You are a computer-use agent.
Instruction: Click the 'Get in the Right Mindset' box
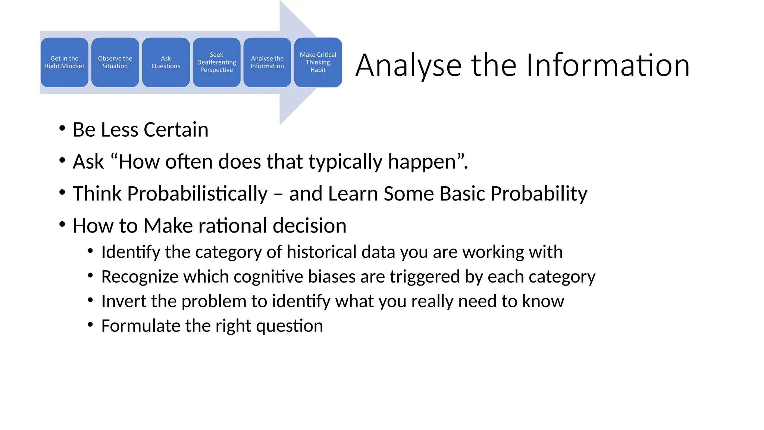click(x=65, y=62)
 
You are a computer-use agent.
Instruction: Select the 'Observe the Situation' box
click(x=115, y=62)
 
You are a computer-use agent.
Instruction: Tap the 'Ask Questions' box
click(x=166, y=62)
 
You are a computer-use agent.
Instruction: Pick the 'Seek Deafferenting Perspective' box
click(x=216, y=62)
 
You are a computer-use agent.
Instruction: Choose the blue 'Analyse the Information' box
click(x=267, y=62)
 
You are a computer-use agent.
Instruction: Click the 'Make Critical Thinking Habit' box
click(x=318, y=62)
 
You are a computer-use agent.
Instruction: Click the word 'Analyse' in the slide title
click(x=408, y=65)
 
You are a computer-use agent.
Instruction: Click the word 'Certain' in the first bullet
click(x=176, y=130)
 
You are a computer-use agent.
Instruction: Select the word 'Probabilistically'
click(x=197, y=194)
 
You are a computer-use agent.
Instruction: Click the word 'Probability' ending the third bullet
click(x=539, y=194)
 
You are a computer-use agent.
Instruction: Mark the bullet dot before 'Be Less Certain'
click(x=62, y=128)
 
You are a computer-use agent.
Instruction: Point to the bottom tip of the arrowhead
click(x=280, y=124)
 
